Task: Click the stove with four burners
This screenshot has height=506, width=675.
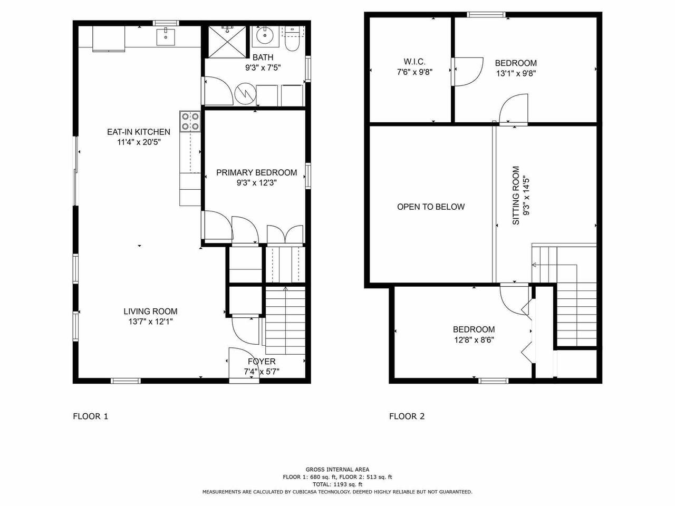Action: click(x=190, y=121)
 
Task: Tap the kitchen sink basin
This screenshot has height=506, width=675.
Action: click(x=166, y=36)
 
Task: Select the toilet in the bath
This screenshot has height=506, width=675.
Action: click(x=292, y=39)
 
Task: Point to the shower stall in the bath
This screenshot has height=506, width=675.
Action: click(x=228, y=42)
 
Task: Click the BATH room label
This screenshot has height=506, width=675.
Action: click(x=263, y=57)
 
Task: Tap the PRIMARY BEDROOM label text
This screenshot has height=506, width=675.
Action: click(x=256, y=173)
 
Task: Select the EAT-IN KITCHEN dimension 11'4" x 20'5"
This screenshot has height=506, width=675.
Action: click(x=139, y=142)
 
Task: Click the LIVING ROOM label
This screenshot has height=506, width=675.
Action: click(x=150, y=312)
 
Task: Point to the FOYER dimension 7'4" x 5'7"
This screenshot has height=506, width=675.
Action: click(x=262, y=372)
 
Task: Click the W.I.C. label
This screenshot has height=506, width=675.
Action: click(x=414, y=62)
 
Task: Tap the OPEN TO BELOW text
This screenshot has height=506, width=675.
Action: click(x=431, y=207)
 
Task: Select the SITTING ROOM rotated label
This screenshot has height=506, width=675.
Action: click(x=516, y=196)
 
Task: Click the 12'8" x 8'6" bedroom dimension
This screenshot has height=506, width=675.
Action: click(x=474, y=340)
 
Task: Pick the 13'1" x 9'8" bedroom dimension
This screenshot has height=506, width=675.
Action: click(x=516, y=73)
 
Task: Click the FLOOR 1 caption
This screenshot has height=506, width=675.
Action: click(x=90, y=416)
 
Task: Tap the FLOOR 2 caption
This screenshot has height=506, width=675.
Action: click(x=407, y=416)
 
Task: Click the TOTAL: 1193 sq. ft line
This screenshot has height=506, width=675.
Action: click(x=337, y=484)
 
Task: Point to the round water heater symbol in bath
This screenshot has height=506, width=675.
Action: click(x=245, y=94)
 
